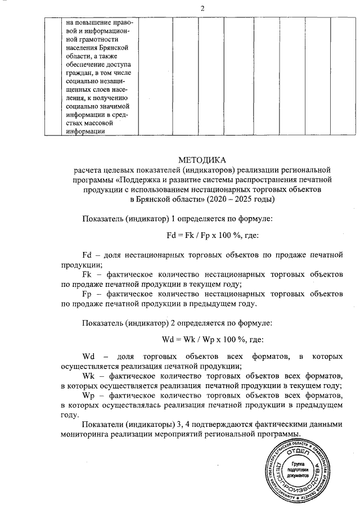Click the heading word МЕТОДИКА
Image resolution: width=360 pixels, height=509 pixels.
click(202, 160)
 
